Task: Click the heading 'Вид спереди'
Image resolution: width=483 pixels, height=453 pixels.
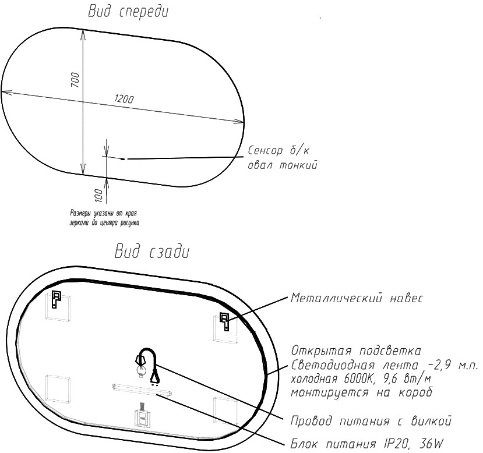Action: pos(128,12)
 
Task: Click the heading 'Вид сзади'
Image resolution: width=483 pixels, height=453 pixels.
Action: pos(152,252)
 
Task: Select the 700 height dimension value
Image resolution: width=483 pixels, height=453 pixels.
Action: pos(76,80)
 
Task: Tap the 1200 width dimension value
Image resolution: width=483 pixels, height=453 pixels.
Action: pos(124,99)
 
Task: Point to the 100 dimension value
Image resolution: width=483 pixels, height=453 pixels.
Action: pos(98,196)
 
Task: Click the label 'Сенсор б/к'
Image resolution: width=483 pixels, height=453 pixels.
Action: pos(278,150)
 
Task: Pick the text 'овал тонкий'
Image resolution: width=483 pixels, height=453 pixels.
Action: pos(283,165)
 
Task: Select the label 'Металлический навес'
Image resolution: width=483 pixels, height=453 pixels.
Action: pos(357,298)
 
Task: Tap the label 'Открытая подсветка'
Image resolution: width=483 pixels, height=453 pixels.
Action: pos(356,351)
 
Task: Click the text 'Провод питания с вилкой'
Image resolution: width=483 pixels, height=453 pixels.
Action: pos(371,421)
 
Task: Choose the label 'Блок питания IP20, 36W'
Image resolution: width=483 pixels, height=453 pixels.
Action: pos(367,444)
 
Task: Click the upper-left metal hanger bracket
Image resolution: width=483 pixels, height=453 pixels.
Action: pos(56,299)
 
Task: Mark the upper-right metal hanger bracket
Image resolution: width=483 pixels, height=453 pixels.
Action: pos(224,321)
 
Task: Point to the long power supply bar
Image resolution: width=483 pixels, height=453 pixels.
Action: pos(142,390)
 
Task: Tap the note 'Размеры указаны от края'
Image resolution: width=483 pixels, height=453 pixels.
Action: pos(104,213)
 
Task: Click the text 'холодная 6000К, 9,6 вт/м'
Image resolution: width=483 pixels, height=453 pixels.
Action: pos(361,379)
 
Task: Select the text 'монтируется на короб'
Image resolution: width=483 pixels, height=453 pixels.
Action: pos(362,392)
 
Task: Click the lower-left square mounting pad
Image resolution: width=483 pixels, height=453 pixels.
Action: pos(58,389)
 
